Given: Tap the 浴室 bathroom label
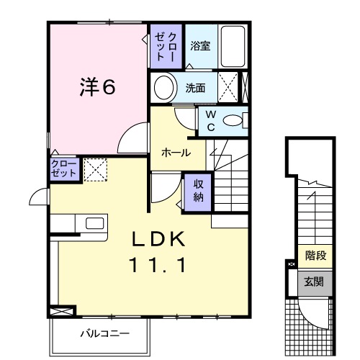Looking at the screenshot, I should coord(200,46).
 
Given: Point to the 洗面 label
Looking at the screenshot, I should coord(195,89).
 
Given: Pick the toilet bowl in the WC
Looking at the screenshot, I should coord(233,121).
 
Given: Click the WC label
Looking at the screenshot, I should coord(211,120).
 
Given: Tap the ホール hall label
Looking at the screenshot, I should coord(176,153).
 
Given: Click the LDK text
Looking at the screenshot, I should coord(158,238).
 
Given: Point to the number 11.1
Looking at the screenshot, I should coord(158,265).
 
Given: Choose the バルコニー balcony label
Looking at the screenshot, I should coord(104,333).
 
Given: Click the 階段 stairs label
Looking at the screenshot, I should coord(315,255).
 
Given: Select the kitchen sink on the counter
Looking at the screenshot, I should coord(94,222).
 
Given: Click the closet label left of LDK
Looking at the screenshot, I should coord(63,168).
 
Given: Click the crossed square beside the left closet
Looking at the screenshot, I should coord(94,169).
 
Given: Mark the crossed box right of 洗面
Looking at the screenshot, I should coord(228,89).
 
